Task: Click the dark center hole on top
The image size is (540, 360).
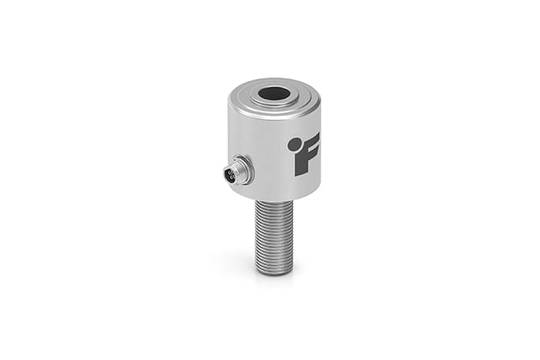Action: (274, 93)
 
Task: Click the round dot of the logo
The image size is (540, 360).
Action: (294, 144)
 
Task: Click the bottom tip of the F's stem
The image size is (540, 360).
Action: (302, 172)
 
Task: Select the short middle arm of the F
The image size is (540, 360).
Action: (313, 154)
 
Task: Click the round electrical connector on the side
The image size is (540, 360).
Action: (238, 169)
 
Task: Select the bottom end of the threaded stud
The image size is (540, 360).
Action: (274, 271)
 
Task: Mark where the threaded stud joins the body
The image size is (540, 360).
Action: (274, 202)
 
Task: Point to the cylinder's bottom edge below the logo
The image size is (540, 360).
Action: (304, 194)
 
